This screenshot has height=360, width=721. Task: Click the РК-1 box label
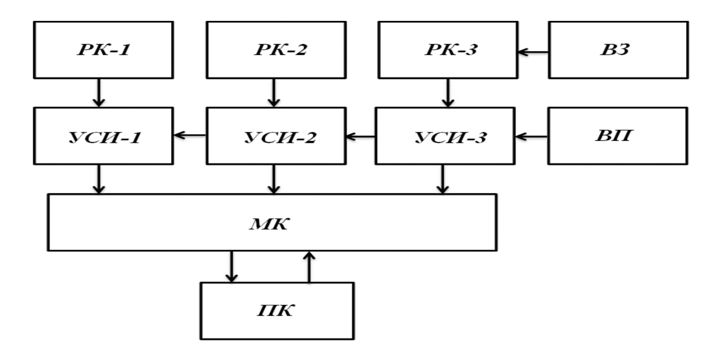[104, 50]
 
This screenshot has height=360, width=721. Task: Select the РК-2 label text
[280, 50]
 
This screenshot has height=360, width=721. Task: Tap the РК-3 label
[451, 50]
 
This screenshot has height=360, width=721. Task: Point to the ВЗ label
[615, 50]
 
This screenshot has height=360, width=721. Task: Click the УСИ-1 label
[104, 137]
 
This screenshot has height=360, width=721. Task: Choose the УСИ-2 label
[280, 137]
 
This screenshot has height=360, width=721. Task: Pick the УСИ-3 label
[450, 137]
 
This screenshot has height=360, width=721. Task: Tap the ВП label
[614, 135]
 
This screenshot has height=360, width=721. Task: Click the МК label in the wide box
[269, 224]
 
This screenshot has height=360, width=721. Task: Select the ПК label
[275, 311]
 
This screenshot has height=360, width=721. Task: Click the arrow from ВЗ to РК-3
[533, 52]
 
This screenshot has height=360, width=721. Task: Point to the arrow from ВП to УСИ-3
[531, 136]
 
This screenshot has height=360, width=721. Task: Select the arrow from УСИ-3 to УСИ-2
[360, 136]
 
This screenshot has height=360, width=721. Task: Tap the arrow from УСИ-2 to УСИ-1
[189, 135]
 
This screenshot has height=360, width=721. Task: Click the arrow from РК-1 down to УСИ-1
[99, 93]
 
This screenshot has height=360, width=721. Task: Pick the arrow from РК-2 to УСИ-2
[274, 93]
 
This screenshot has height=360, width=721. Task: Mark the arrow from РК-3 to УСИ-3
[448, 93]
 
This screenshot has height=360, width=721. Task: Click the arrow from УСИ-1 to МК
[99, 179]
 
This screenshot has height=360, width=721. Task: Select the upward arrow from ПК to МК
[309, 267]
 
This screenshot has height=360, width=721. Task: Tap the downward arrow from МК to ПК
[231, 267]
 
